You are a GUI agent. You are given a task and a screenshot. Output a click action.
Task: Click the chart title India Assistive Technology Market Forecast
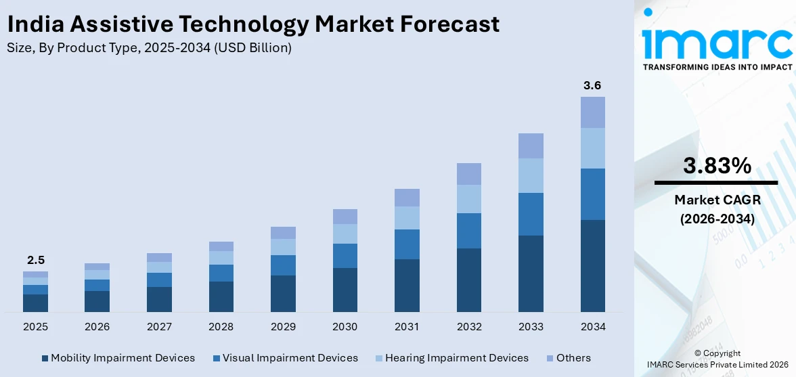click(x=253, y=24)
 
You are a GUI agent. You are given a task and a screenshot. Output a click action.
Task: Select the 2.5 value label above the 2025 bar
click(x=35, y=260)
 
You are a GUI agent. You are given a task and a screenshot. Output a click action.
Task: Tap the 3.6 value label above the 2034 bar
click(x=592, y=86)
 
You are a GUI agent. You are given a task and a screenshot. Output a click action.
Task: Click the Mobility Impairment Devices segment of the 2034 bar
click(x=592, y=265)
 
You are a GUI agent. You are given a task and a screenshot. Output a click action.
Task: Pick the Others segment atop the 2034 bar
click(x=592, y=112)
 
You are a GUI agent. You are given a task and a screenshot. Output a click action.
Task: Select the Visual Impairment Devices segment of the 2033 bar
click(x=531, y=214)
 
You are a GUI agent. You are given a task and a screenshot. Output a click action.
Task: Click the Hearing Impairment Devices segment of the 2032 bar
click(x=468, y=199)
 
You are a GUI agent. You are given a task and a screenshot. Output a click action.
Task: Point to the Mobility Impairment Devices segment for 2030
click(x=345, y=290)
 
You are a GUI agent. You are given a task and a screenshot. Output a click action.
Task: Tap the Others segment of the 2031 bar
click(x=407, y=198)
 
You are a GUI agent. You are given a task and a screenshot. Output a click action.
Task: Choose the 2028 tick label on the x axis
click(x=221, y=327)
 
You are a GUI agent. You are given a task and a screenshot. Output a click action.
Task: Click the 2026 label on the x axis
click(x=97, y=327)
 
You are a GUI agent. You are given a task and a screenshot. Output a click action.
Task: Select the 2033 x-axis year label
click(x=531, y=327)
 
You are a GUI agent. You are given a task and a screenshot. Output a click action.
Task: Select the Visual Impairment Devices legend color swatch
click(x=216, y=358)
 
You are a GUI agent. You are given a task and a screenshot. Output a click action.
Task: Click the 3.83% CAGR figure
click(x=717, y=166)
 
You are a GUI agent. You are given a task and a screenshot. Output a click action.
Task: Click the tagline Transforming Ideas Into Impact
click(x=717, y=67)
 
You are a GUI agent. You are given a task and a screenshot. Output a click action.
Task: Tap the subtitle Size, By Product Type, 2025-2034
click(x=149, y=48)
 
